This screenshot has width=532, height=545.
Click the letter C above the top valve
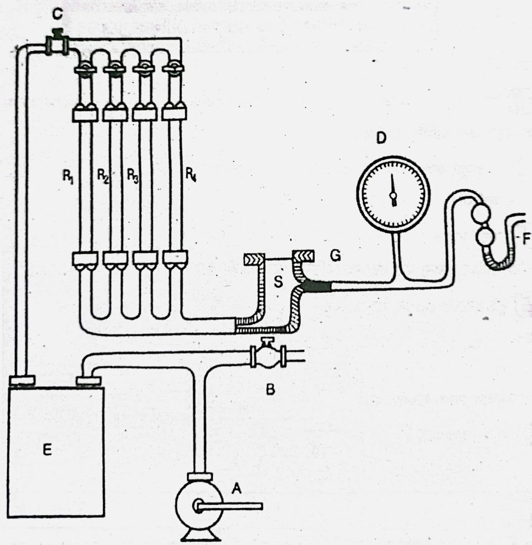[x=57, y=15]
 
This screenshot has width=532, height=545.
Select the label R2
[x=103, y=176]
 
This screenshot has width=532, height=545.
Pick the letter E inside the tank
[x=47, y=450]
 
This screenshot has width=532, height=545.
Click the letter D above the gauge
[x=381, y=138]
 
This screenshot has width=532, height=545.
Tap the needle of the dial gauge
[x=393, y=189]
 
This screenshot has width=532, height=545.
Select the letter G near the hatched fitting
[x=335, y=256]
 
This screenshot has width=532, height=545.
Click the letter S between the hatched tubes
[x=278, y=282]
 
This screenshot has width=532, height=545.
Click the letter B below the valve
[x=270, y=390]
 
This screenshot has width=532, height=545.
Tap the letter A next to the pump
[x=237, y=489]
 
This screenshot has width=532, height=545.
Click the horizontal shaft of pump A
[x=229, y=507]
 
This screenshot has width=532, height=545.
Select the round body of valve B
[x=267, y=357]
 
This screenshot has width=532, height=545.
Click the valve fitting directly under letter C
[x=57, y=43]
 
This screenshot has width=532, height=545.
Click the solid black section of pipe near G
[x=317, y=286]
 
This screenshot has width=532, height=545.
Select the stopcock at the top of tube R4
[x=173, y=68]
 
